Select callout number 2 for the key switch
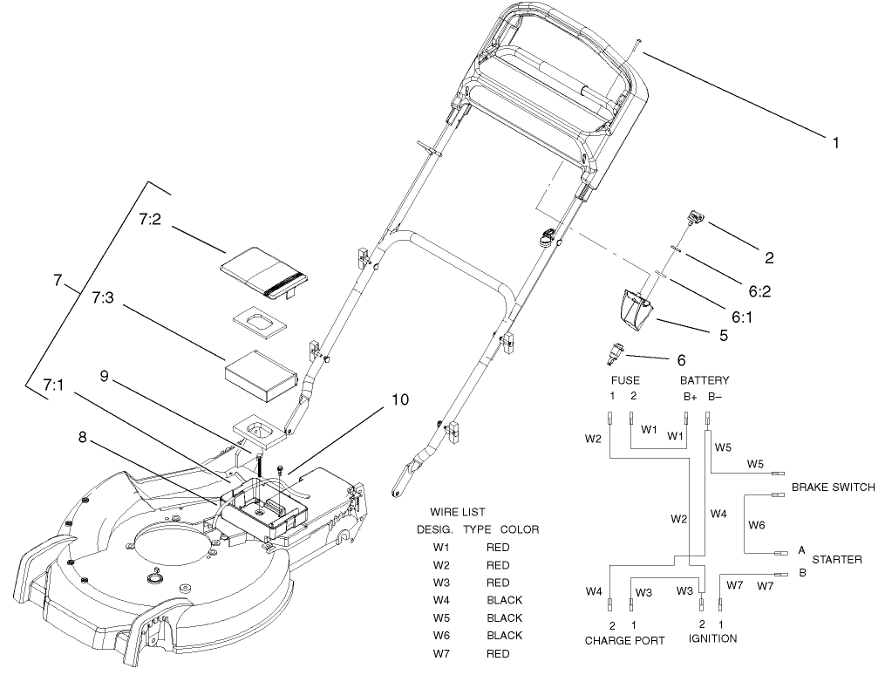click(x=769, y=257)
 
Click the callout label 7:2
click(x=150, y=219)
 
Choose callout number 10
click(x=399, y=400)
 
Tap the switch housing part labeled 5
click(x=638, y=310)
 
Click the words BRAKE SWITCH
click(x=833, y=487)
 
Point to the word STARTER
click(x=836, y=559)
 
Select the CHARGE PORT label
click(x=624, y=640)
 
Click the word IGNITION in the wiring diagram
click(x=712, y=638)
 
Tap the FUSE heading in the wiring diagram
click(x=624, y=380)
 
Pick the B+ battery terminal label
click(x=690, y=396)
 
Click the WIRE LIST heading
click(x=458, y=512)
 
